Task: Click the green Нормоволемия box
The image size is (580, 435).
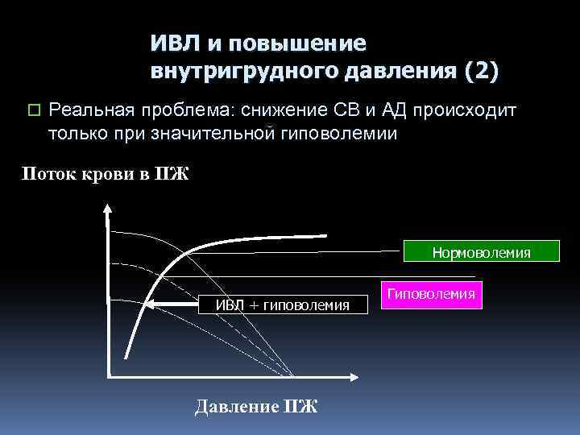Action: [x=481, y=252]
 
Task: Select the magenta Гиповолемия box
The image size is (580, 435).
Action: [x=431, y=295]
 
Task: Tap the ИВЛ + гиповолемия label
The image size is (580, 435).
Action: [x=282, y=304]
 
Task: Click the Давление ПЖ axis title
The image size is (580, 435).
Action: [x=256, y=405]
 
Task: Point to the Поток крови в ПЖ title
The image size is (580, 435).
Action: [x=105, y=173]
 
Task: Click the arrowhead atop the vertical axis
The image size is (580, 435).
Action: [x=107, y=207]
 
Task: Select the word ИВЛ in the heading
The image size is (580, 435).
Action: [x=172, y=43]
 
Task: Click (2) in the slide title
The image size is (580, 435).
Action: [x=481, y=71]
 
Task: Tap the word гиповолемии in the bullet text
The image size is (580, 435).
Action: [x=344, y=133]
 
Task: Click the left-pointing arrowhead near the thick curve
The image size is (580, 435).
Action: [x=152, y=304]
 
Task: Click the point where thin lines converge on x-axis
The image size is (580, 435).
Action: [x=292, y=376]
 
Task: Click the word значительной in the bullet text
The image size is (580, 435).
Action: [x=216, y=133]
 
